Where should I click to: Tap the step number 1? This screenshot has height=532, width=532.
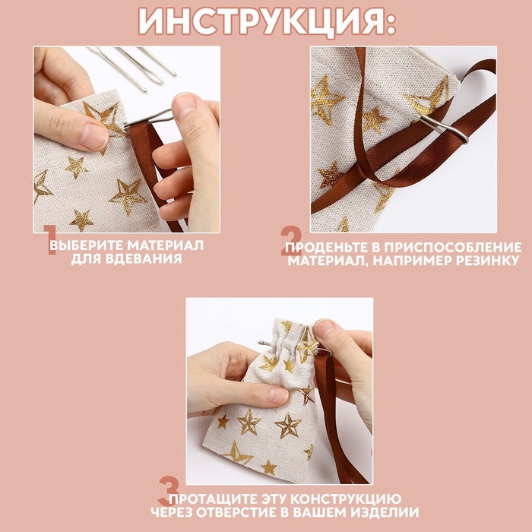tap(49, 240)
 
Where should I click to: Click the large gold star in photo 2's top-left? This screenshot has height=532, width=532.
tap(326, 99)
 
